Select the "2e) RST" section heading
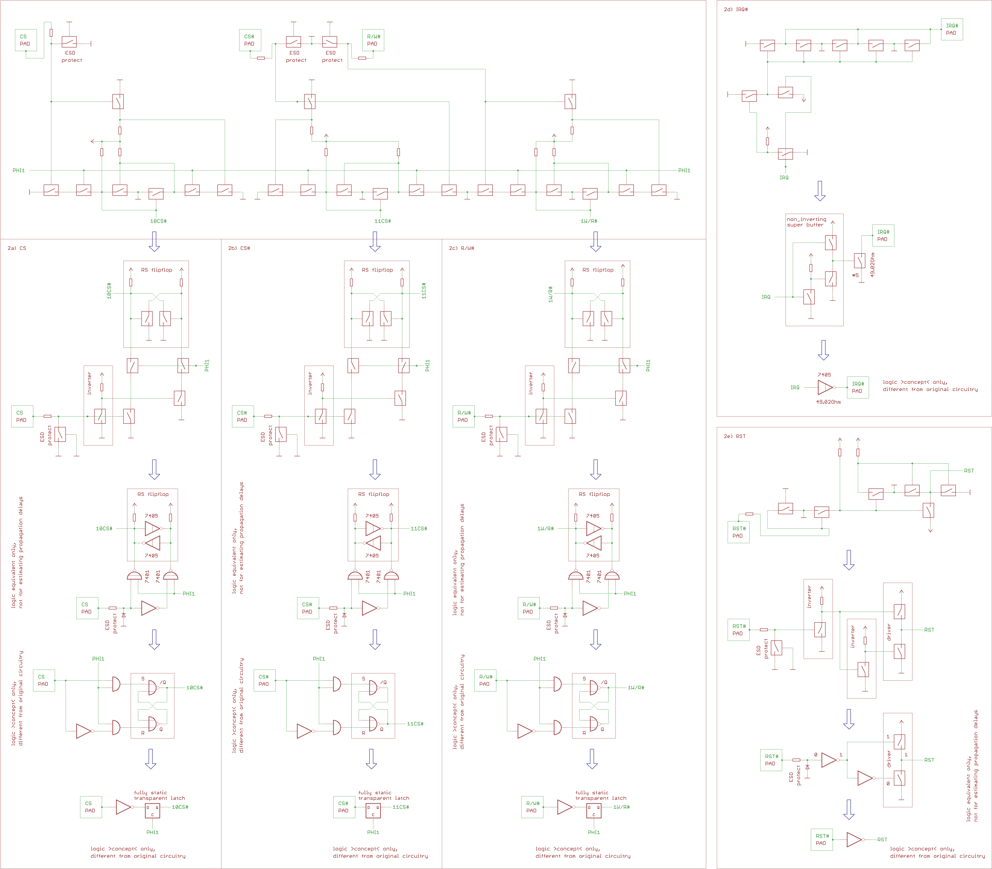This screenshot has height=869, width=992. pyautogui.click(x=735, y=437)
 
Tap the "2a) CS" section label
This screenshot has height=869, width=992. pyautogui.click(x=17, y=248)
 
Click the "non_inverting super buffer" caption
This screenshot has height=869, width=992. pyautogui.click(x=806, y=222)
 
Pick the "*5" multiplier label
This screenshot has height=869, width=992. pyautogui.click(x=855, y=275)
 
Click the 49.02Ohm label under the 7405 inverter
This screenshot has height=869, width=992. pyautogui.click(x=828, y=402)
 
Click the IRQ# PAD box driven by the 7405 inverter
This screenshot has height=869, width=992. pyautogui.click(x=857, y=387)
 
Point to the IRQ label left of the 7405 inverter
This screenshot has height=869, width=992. pyautogui.click(x=795, y=387)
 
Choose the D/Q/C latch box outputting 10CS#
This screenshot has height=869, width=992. pyautogui.click(x=152, y=811)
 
